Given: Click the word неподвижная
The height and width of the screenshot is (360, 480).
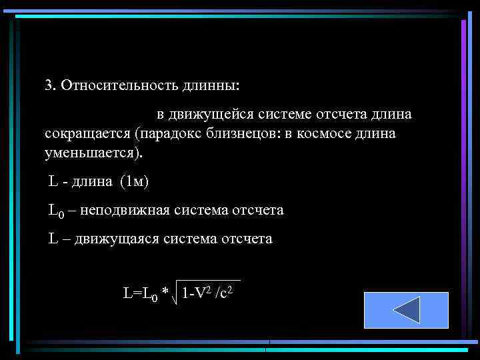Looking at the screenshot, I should tap(125, 211).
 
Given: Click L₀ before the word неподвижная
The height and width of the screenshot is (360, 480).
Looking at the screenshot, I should tap(56, 211).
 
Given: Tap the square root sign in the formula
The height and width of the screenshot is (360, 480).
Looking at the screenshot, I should tap(175, 291).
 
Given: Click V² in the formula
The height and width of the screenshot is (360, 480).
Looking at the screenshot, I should tap(203, 291).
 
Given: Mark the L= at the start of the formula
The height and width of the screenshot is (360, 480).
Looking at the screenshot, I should tap(131, 292).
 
